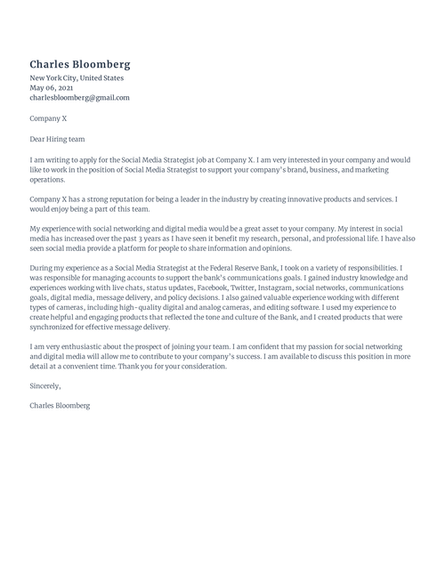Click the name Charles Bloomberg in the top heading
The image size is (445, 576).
coord(80,65)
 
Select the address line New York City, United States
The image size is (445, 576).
coord(76,78)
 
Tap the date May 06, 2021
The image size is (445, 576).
coord(53,88)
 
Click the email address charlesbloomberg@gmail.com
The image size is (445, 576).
coord(79,98)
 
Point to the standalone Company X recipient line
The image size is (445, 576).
coord(48,118)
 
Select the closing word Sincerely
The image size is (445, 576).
coord(45,387)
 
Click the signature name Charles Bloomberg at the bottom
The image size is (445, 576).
coord(60,407)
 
